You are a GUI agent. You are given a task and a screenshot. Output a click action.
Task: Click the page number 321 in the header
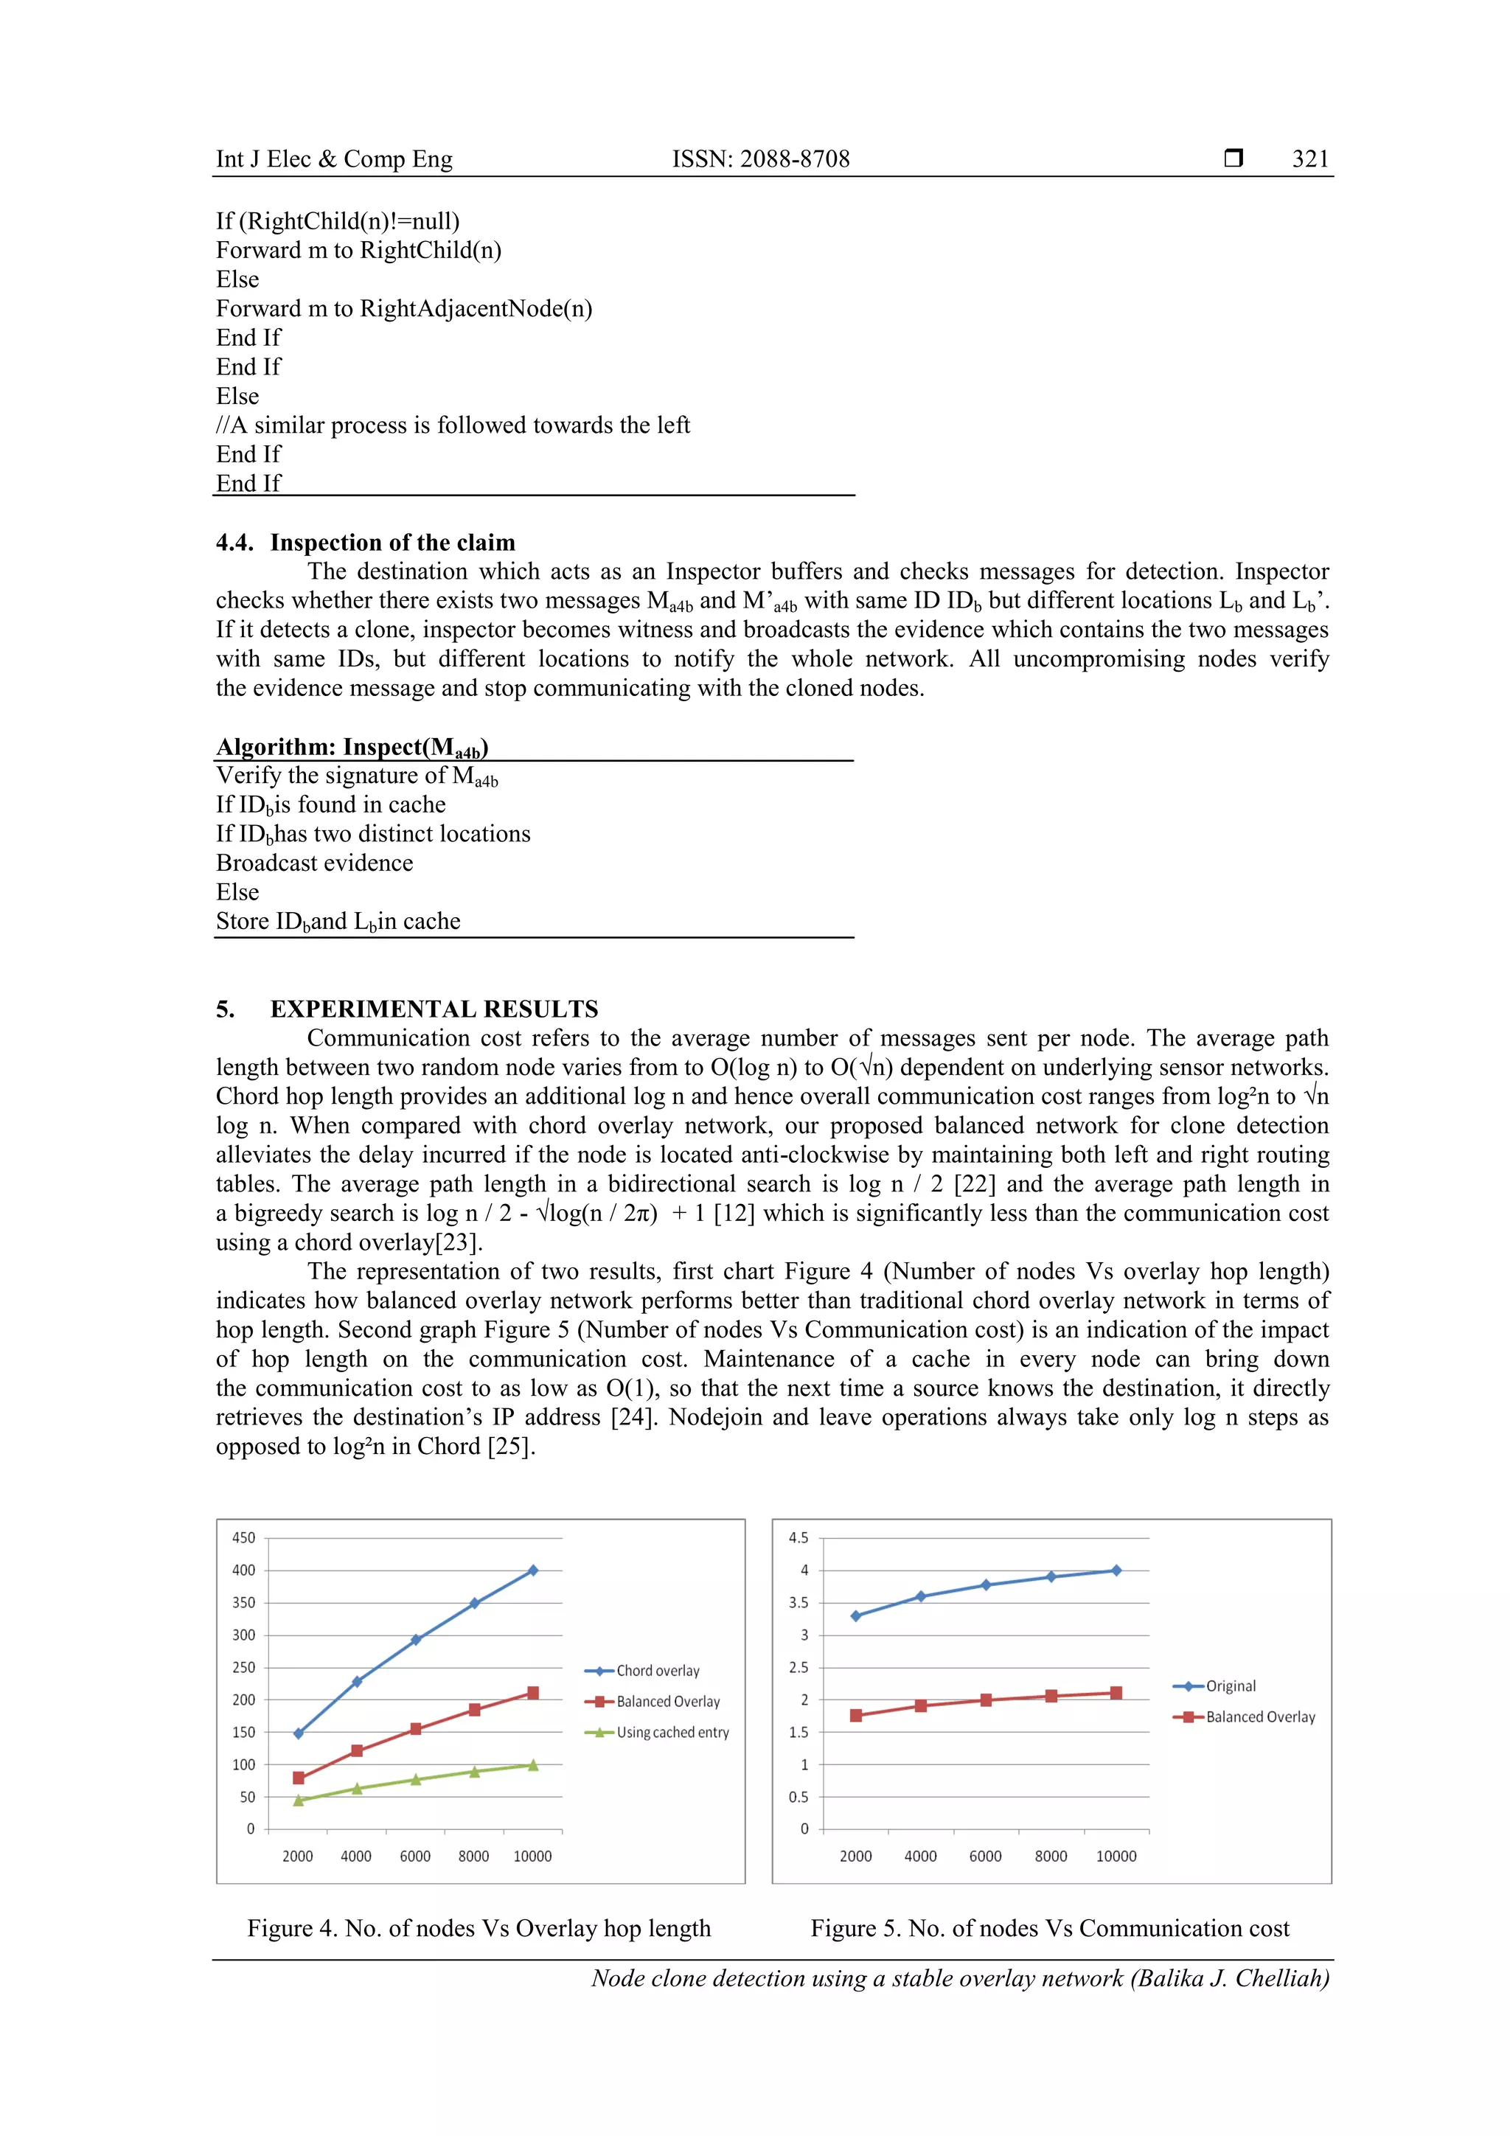1310,159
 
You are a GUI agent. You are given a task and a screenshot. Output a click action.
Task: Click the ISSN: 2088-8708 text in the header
760,159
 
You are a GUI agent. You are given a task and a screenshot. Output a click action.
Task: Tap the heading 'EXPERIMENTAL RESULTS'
434,1009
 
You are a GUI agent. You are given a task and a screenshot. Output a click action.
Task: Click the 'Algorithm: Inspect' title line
352,747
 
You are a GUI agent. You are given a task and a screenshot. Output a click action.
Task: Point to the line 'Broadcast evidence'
315,863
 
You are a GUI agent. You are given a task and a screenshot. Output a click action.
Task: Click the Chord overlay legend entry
657,1671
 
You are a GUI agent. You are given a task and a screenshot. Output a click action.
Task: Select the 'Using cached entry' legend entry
672,1732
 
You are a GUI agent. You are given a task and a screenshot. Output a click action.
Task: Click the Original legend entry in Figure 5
1230,1686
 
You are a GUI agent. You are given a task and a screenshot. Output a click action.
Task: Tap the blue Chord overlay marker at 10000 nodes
533,1570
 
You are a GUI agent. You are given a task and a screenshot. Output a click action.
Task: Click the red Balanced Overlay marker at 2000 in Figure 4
299,1778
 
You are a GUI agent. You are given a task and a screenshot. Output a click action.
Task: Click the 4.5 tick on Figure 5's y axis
799,1538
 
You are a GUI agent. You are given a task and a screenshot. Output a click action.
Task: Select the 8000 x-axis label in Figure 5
1051,1856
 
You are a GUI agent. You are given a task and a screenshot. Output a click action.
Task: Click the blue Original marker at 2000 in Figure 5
856,1616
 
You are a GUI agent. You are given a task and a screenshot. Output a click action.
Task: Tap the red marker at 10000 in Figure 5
1116,1693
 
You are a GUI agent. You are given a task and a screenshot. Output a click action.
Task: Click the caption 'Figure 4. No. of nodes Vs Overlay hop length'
479,1929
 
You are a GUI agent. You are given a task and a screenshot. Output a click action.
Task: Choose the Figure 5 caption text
1049,1929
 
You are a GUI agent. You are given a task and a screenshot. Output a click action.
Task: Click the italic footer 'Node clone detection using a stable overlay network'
959,1978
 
